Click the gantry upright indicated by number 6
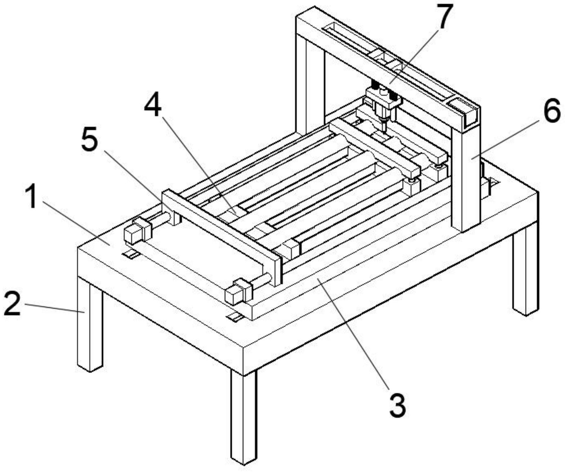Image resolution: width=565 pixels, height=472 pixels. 466,177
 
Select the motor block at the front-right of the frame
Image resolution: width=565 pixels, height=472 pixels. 238,291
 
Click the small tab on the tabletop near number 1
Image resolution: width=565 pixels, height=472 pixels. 130,254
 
